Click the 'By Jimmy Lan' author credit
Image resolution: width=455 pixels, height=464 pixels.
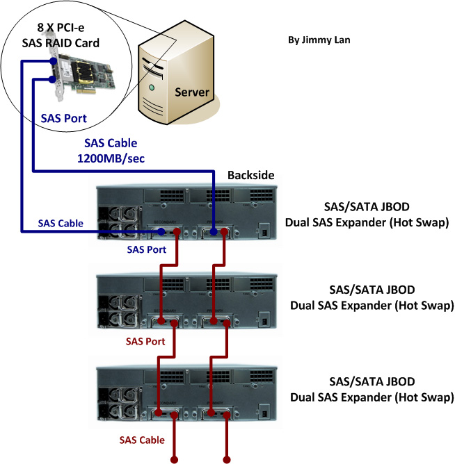(x=319, y=40)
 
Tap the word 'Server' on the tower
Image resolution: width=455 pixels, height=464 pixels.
(x=192, y=92)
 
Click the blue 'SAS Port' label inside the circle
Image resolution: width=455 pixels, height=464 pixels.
(x=64, y=118)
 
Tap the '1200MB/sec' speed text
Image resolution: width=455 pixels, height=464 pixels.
(x=111, y=157)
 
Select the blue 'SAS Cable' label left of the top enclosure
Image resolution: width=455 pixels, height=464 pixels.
(x=60, y=223)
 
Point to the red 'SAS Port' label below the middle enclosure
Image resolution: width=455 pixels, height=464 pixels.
(x=145, y=341)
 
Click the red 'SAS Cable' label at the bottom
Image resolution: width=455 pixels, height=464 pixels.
(x=142, y=440)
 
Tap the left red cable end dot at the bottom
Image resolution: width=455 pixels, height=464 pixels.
(x=174, y=459)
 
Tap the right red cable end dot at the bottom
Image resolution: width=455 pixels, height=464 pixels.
(x=225, y=459)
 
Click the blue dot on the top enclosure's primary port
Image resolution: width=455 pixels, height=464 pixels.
(x=213, y=233)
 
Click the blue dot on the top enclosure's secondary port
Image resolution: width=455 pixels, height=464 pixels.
(x=161, y=233)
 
